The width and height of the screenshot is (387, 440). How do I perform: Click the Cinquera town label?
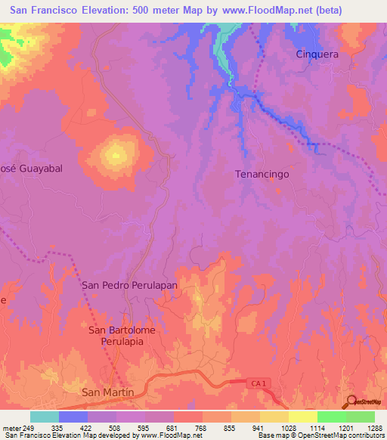[x=317, y=54]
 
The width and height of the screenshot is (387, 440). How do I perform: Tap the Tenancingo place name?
[x=262, y=174]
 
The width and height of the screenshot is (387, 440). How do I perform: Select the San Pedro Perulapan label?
[x=129, y=286]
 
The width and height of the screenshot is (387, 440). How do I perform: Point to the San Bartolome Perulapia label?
[x=117, y=336]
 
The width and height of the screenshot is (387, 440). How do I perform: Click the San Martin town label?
[x=107, y=392]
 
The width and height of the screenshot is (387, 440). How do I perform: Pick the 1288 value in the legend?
[x=374, y=428]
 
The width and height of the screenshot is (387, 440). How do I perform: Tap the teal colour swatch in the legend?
[x=45, y=417]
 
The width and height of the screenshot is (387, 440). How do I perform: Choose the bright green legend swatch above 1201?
[x=331, y=417]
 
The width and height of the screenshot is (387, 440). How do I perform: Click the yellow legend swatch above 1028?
[x=274, y=417]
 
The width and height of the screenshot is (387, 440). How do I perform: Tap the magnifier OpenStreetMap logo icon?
[x=351, y=402]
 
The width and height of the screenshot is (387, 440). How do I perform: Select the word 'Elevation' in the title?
[x=110, y=11]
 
